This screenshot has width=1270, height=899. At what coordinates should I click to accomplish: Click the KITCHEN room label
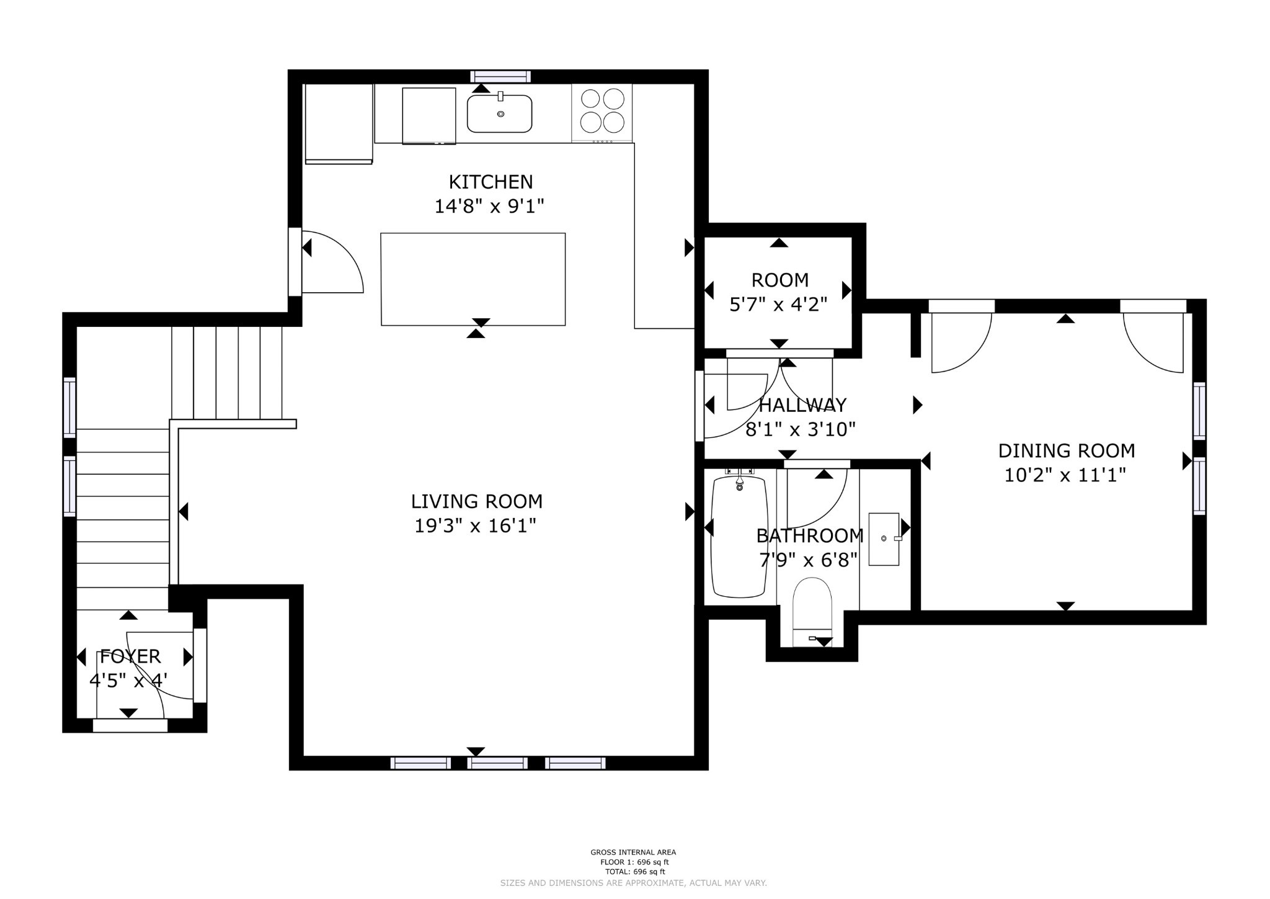point(491,182)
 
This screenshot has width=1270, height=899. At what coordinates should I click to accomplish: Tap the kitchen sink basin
point(499,114)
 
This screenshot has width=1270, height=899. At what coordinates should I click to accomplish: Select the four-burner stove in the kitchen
point(602,113)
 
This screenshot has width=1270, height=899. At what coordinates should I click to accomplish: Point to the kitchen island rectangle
point(473,279)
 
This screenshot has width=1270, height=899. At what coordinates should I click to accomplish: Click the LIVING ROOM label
point(476,501)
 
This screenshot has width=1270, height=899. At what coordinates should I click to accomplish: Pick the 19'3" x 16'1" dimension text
point(475,526)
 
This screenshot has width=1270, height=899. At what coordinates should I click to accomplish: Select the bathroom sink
point(884,539)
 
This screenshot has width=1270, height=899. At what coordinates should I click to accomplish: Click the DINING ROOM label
point(1066,450)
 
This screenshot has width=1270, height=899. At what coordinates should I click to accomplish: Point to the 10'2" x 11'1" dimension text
point(1065,475)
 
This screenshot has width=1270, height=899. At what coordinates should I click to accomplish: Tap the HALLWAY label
point(802,405)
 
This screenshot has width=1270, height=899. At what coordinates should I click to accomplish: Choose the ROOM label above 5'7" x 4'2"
point(780,280)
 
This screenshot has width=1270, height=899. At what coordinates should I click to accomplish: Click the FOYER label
point(130,656)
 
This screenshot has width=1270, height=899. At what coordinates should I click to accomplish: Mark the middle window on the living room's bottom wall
point(497,763)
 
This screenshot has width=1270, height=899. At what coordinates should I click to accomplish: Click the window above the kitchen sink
point(500,76)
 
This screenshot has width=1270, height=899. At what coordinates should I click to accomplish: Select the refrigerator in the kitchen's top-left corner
point(339,123)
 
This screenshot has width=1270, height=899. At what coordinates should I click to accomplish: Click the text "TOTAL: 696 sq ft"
point(633,872)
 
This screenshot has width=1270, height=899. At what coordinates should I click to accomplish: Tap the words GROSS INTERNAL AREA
point(633,852)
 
